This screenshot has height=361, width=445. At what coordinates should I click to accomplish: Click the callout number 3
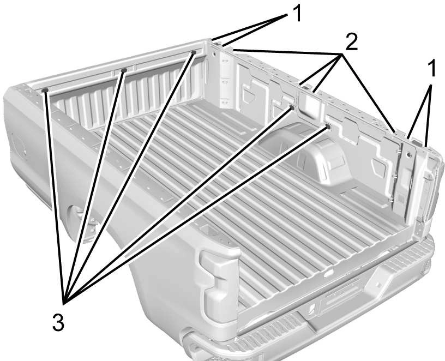click(58, 322)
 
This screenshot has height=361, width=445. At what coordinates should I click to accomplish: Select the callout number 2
click(351, 41)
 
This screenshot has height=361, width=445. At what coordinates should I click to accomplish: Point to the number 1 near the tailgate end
click(432, 68)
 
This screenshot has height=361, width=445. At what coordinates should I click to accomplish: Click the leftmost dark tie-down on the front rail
click(45, 91)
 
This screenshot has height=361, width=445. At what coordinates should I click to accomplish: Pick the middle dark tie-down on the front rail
click(124, 70)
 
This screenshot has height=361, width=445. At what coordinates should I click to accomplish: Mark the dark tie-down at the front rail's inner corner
click(194, 52)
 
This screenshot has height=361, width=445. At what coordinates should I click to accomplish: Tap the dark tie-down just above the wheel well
click(328, 127)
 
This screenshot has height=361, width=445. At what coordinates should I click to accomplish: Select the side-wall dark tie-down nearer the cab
click(292, 107)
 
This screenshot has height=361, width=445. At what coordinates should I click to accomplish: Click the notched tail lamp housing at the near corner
click(219, 287)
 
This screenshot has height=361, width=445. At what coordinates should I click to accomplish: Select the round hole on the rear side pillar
click(408, 155)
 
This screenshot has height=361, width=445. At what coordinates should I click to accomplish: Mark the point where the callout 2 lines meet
click(341, 54)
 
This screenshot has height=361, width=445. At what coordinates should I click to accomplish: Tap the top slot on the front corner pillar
click(225, 61)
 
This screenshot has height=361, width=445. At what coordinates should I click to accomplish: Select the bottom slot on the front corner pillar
click(225, 101)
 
